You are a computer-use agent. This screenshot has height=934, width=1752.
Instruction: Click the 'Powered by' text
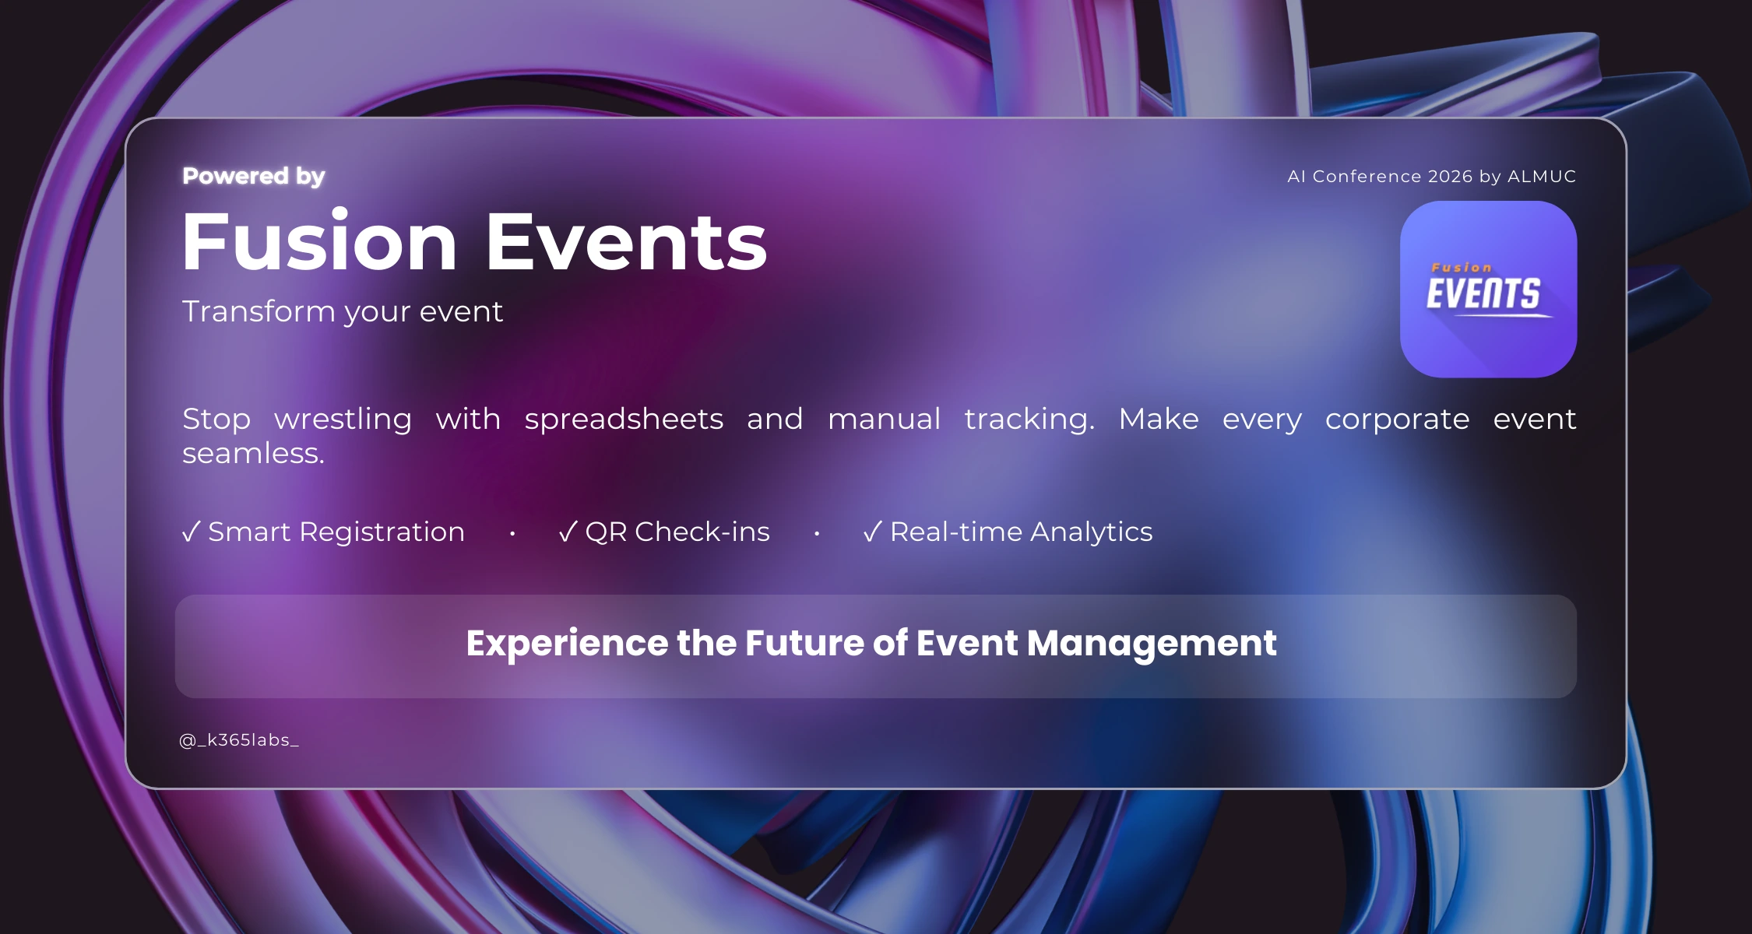(x=254, y=177)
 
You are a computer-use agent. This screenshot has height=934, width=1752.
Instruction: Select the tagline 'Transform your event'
(x=343, y=311)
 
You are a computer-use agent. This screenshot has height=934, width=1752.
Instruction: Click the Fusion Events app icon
(x=1488, y=290)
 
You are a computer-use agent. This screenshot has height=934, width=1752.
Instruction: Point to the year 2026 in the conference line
(x=1451, y=177)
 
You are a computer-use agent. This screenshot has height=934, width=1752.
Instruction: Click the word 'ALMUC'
(x=1542, y=177)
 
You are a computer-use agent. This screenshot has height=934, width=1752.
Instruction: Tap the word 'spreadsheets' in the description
(x=624, y=420)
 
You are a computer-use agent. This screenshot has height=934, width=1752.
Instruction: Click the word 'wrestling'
(x=343, y=420)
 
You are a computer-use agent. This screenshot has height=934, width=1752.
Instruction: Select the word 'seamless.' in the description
(x=253, y=453)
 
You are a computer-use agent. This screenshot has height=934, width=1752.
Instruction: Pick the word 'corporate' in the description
(x=1397, y=420)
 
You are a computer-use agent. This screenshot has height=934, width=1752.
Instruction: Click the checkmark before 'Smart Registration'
(x=192, y=532)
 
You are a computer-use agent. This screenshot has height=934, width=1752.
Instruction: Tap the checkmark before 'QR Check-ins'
(x=568, y=532)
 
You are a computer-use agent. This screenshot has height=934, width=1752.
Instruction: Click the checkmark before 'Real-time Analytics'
(x=873, y=532)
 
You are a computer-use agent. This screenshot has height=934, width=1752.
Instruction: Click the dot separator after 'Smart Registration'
(x=512, y=533)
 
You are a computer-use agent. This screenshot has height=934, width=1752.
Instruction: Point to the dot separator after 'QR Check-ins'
(x=817, y=533)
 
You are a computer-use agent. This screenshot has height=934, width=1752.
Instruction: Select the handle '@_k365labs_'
(x=239, y=740)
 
